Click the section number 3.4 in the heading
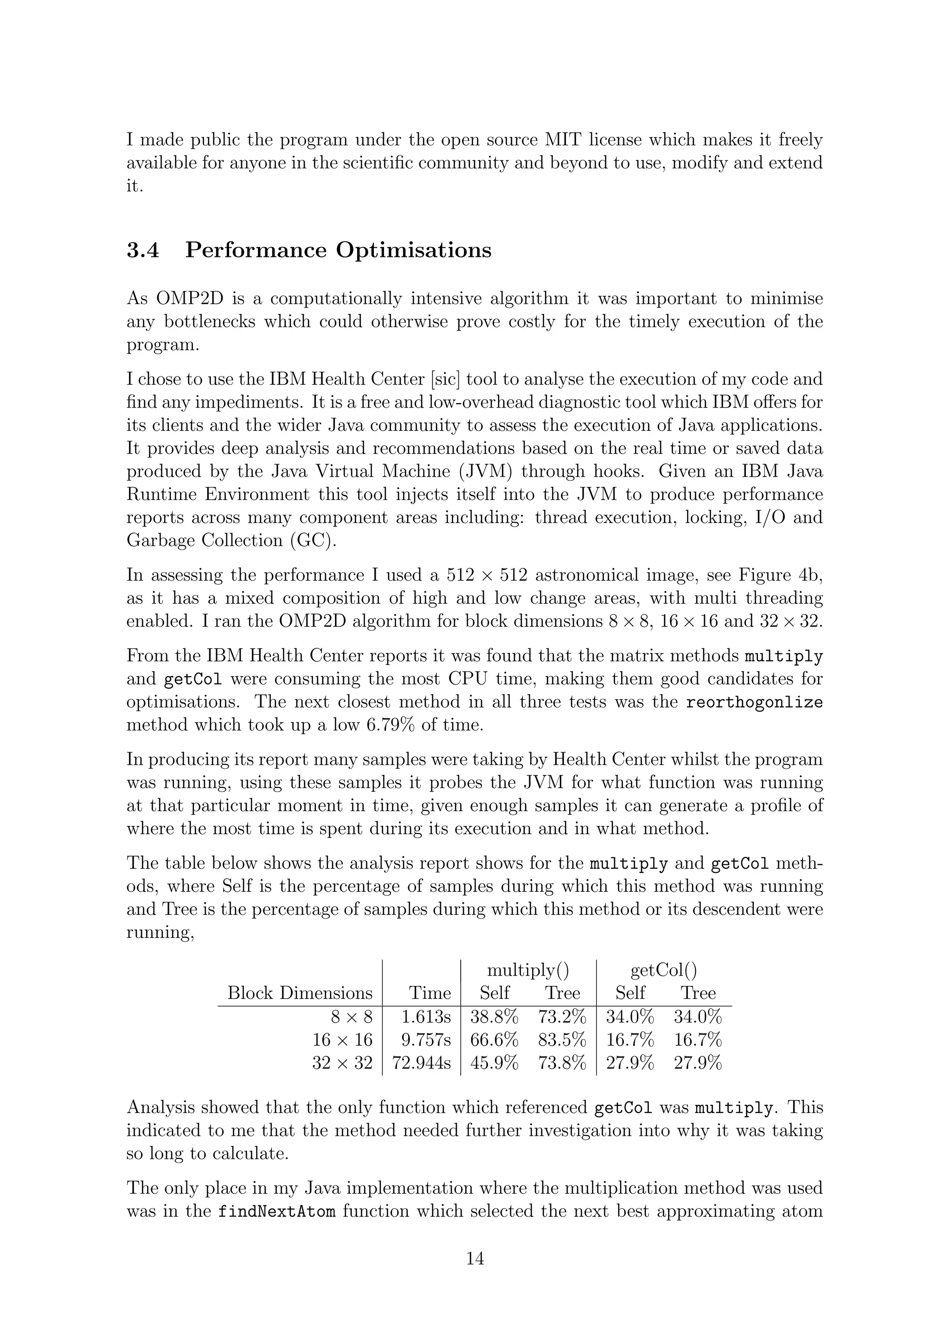point(143,250)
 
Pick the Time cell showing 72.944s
point(421,1063)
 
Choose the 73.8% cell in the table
point(562,1063)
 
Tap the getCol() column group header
point(663,971)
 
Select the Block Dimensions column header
point(300,993)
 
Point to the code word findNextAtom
point(276,1211)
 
